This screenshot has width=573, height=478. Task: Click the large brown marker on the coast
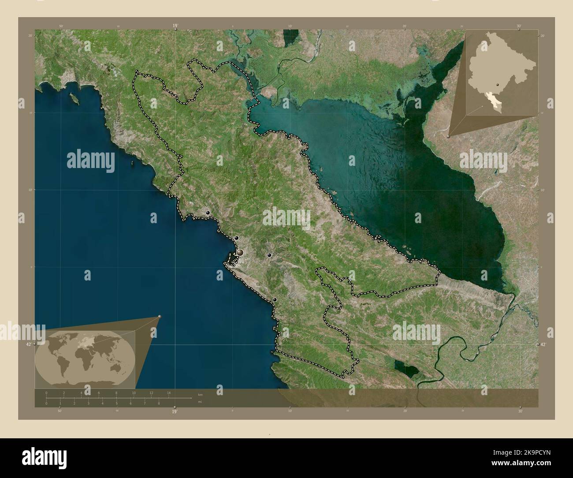click(x=240, y=253)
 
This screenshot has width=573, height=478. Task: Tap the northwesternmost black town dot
click(x=207, y=213)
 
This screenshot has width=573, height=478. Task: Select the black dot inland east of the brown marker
click(x=269, y=255)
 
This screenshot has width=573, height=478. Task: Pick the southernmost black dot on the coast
click(x=275, y=300)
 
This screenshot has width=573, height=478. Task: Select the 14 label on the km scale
click(x=169, y=392)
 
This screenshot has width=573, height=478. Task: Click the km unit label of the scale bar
click(x=200, y=394)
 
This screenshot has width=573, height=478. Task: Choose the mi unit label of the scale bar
click(x=200, y=402)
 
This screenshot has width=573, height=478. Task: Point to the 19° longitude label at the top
click(x=175, y=26)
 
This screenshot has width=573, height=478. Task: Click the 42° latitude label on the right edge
click(x=543, y=344)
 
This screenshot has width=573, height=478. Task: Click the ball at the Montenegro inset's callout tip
click(x=448, y=137)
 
